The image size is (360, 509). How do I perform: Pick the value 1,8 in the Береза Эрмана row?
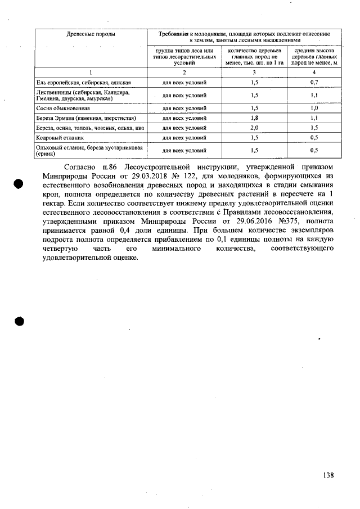[255, 118]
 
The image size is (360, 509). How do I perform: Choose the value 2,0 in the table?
[255, 128]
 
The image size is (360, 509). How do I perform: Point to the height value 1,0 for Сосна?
[314, 107]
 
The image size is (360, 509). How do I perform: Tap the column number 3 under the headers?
[255, 73]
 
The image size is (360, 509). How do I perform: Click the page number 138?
[328, 475]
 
